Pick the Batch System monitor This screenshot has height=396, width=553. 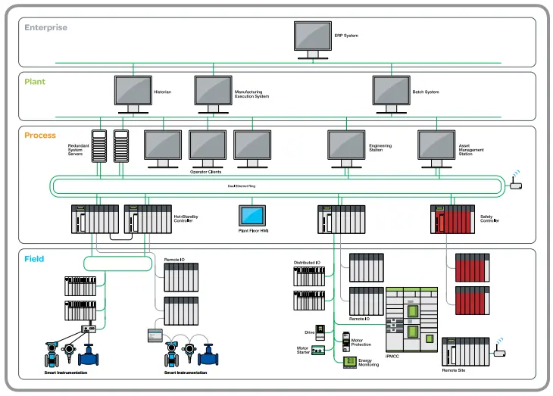coord(391,90)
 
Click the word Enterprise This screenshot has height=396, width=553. coord(45,28)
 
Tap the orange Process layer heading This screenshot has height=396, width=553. coord(40,136)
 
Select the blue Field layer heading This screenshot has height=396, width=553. coord(34,259)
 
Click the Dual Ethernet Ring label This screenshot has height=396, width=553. coord(242,186)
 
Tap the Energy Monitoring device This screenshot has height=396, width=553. coord(349,362)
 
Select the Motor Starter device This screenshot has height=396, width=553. coord(319,351)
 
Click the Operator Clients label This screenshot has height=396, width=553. coord(205,173)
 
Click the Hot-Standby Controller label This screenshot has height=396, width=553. coord(186,219)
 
